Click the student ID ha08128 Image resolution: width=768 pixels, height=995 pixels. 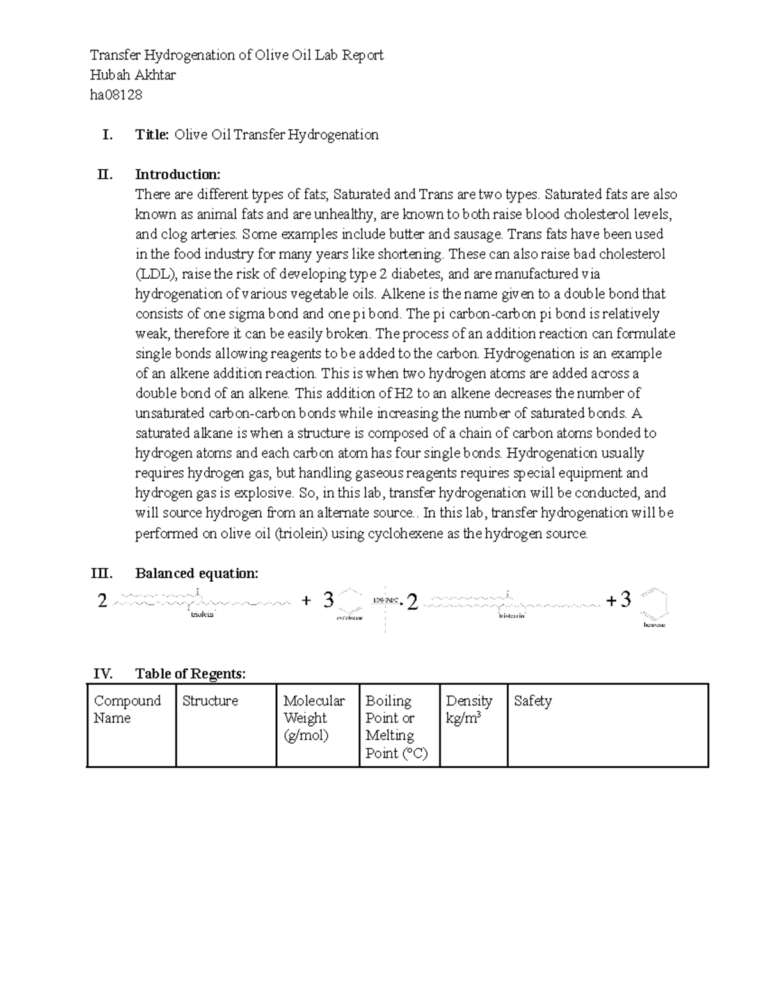pyautogui.click(x=116, y=95)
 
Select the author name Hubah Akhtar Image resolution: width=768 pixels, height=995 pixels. pyautogui.click(x=133, y=76)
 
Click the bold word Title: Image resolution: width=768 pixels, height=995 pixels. pyautogui.click(x=152, y=135)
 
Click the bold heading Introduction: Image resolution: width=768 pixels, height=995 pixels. pyautogui.click(x=177, y=175)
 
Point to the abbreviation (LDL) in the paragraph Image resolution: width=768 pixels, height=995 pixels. pyautogui.click(x=157, y=274)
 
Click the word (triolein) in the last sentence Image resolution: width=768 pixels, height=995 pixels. pyautogui.click(x=301, y=534)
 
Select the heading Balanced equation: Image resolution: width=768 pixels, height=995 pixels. pyautogui.click(x=196, y=573)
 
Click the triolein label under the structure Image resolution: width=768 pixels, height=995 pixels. pyautogui.click(x=202, y=615)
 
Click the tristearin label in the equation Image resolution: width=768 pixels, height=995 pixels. pyautogui.click(x=511, y=616)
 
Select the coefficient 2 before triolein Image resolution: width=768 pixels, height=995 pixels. pyautogui.click(x=102, y=601)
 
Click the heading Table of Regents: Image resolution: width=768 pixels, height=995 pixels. pyautogui.click(x=190, y=674)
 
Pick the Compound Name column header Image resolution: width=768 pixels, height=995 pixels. pyautogui.click(x=127, y=709)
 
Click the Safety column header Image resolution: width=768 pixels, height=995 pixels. pyautogui.click(x=532, y=701)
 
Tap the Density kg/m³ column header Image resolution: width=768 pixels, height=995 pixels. pyautogui.click(x=469, y=709)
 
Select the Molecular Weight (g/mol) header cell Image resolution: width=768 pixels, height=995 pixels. pyautogui.click(x=314, y=718)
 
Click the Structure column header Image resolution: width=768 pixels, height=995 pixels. pyautogui.click(x=210, y=701)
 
